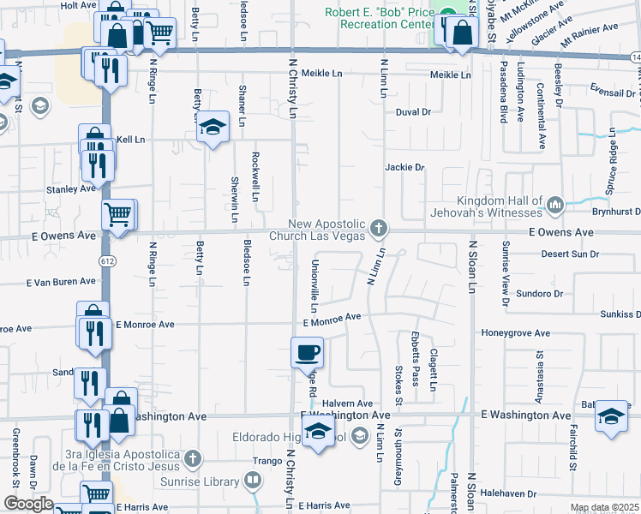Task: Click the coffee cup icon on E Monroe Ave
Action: pyautogui.click(x=307, y=351)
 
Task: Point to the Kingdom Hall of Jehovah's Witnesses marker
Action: pyautogui.click(x=554, y=203)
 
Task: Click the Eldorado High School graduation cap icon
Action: pyautogui.click(x=318, y=433)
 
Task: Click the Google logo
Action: pyautogui.click(x=27, y=504)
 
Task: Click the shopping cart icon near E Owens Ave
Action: pyautogui.click(x=118, y=214)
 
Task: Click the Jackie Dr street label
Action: pyautogui.click(x=404, y=168)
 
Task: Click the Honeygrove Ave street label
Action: pyautogui.click(x=515, y=332)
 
